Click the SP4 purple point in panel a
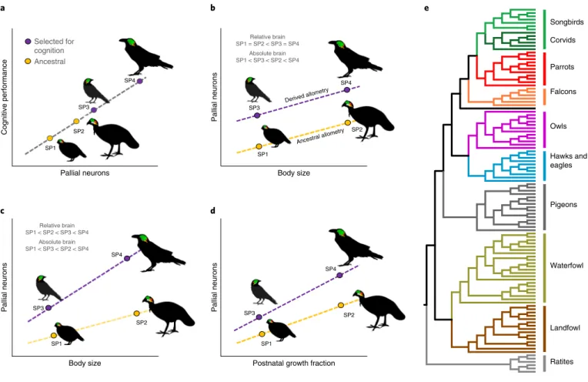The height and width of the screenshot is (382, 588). point(139,81)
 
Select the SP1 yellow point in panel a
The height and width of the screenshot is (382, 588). point(50,138)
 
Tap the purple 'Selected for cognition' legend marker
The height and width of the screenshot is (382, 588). point(28,42)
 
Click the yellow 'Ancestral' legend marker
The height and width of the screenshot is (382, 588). point(28,61)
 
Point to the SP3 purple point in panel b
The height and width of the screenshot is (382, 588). point(257,116)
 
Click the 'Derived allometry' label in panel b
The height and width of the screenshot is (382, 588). point(307,95)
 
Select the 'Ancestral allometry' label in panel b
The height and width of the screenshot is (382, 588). point(320,136)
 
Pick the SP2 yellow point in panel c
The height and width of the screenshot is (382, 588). point(136,313)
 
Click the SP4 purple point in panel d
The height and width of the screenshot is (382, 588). point(339,276)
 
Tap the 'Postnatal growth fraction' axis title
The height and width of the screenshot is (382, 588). point(294,364)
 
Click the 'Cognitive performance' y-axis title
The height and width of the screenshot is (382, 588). point(5,97)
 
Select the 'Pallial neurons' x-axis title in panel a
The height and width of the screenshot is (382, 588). point(85,173)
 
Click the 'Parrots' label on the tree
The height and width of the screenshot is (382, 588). point(562,67)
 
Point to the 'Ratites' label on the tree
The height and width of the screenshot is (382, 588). point(561,362)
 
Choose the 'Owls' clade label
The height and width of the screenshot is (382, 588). point(558,126)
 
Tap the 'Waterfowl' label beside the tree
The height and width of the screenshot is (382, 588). point(566,266)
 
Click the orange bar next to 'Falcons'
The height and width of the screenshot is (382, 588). point(544,96)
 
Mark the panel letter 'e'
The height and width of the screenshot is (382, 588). point(426,8)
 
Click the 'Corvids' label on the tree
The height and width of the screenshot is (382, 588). point(563,40)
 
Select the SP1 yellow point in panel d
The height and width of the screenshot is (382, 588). point(262,334)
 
